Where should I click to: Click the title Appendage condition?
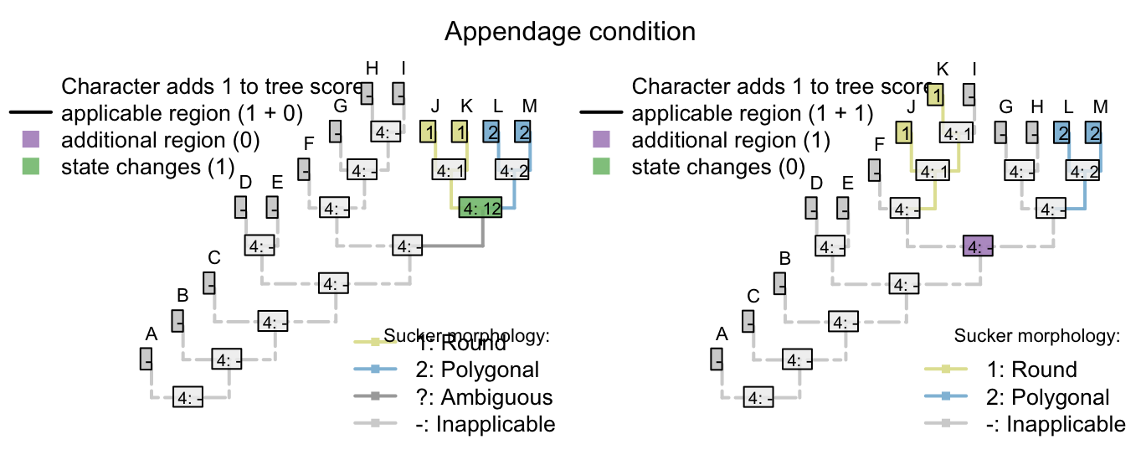(x=569, y=32)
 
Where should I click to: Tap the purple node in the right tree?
(x=978, y=246)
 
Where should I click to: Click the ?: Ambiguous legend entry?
(x=484, y=396)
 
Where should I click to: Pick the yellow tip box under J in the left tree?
(x=428, y=132)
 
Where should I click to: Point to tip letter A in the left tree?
(x=152, y=334)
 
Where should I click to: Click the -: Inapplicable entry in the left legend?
(x=485, y=424)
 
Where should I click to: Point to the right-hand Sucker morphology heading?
(x=1036, y=337)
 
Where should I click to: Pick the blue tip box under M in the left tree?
(x=522, y=132)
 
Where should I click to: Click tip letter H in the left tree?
(x=373, y=67)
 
